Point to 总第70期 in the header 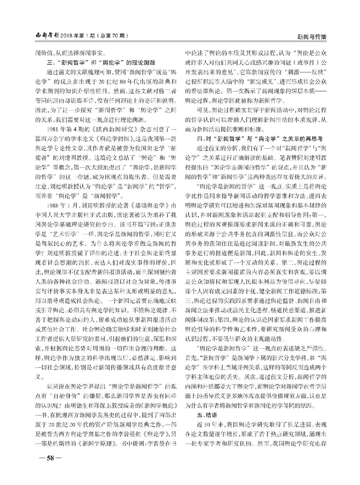[114, 36]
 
